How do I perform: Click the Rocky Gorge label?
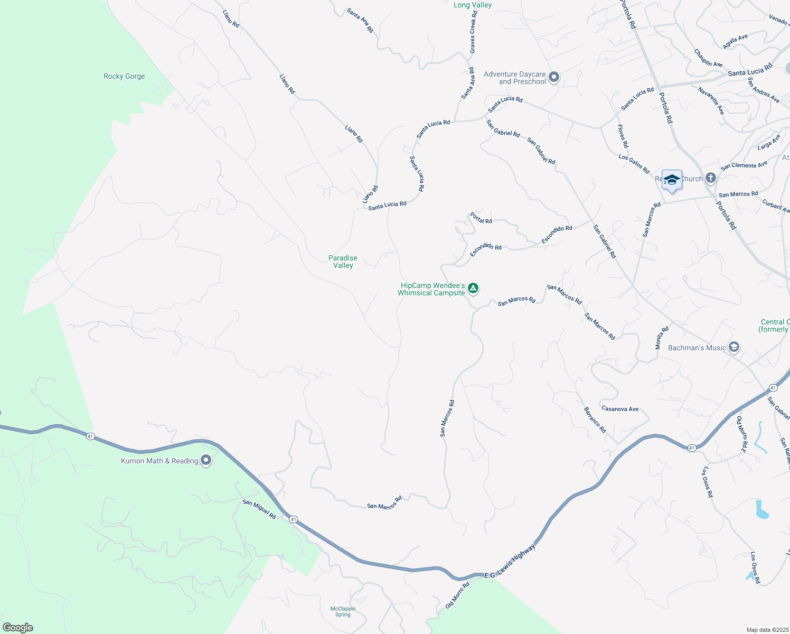(124, 77)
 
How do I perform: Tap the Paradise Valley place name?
(343, 262)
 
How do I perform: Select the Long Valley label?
(473, 5)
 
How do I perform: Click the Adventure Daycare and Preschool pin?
(554, 78)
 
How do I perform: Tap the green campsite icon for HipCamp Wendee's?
(474, 288)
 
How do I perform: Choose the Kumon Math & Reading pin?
(206, 461)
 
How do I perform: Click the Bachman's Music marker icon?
(733, 347)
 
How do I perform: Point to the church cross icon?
(711, 178)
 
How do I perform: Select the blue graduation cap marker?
(672, 180)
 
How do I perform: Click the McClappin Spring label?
(343, 611)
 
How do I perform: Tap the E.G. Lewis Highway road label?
(510, 561)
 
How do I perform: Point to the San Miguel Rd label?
(259, 509)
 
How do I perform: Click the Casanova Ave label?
(620, 409)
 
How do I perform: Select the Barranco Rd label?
(595, 420)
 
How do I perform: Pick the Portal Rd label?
(481, 218)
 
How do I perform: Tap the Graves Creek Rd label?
(473, 33)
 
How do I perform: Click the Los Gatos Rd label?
(634, 164)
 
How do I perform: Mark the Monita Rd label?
(662, 338)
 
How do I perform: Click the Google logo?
(17, 628)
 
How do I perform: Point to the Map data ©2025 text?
(767, 630)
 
